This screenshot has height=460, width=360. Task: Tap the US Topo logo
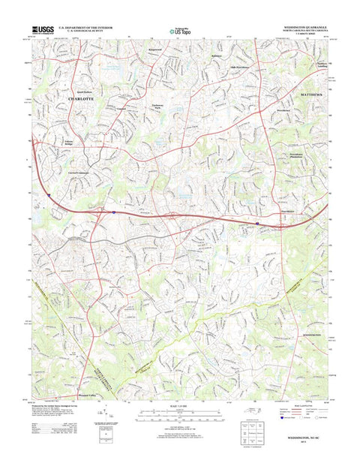(x=179, y=32)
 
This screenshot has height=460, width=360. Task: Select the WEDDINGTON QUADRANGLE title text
(x=306, y=26)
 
